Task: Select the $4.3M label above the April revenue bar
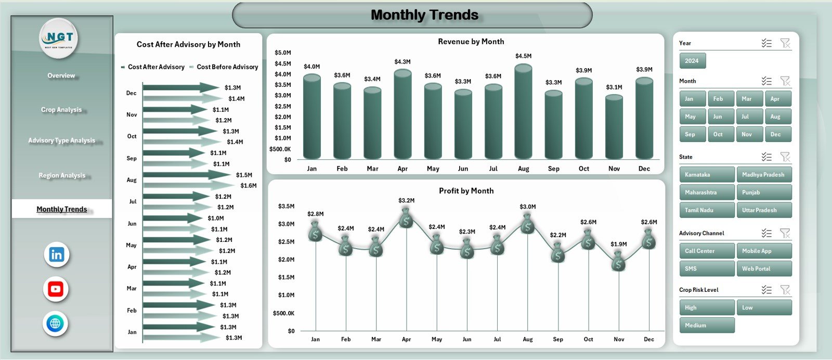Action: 402,62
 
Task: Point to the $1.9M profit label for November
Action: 619,244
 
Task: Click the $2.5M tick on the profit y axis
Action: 286,242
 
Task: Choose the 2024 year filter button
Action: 692,61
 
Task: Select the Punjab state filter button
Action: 764,192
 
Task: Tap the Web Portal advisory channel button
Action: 764,269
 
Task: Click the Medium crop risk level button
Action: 707,326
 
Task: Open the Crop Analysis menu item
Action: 61,110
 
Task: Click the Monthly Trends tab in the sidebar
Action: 62,209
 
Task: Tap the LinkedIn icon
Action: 57,255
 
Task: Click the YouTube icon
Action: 56,289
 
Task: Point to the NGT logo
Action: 59,38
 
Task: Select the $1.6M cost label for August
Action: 249,186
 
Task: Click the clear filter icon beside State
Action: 785,157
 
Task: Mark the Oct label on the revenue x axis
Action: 584,169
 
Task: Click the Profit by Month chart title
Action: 466,191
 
